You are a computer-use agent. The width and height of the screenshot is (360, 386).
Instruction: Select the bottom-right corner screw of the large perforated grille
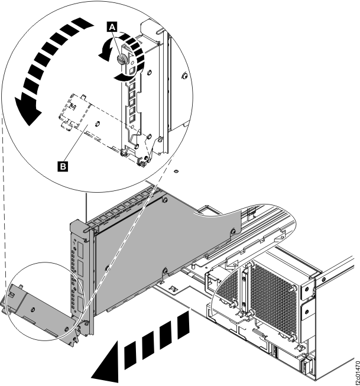click(292, 337)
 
